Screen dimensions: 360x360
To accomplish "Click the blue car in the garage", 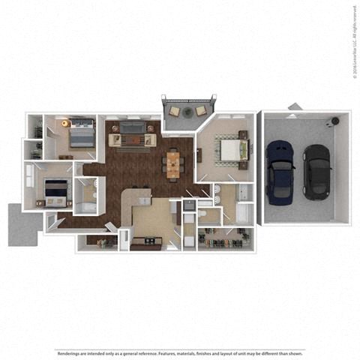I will pos(280,172).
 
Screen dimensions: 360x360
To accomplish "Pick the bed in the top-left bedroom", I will pos(80,136).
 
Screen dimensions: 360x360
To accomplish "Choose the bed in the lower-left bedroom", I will pos(55,192).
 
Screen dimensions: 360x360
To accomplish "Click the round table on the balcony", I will pos(185,110).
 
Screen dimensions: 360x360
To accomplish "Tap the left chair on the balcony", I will pos(174,112).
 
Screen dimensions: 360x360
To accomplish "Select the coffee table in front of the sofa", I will pos(133,139).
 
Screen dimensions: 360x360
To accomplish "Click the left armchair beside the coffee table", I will pos(115,140).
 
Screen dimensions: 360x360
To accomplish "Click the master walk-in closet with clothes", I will pos(225,239).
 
